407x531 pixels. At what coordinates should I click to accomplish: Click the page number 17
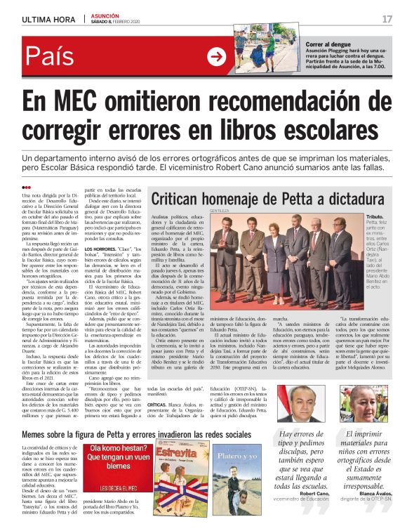pos(387,18)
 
